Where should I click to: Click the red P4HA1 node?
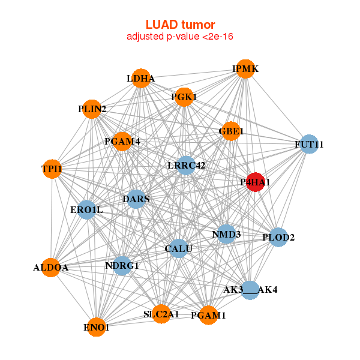pos(256,182)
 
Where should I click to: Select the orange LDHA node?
pos(141,79)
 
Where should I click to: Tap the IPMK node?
pos(245,69)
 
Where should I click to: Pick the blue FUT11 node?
pos(308,144)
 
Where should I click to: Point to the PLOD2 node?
pos(278,238)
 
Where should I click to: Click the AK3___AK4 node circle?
pos(250,290)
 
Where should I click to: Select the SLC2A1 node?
pos(161,314)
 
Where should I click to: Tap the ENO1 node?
pos(96,327)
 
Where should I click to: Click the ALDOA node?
pos(51,268)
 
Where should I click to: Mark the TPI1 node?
pos(52,169)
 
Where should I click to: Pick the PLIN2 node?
pos(92,109)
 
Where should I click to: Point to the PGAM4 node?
pos(122,142)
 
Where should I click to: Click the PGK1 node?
pos(184,97)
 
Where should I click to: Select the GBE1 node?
pos(231,131)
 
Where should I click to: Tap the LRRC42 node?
pos(186,165)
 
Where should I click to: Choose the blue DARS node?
pos(136,199)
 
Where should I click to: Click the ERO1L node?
pos(87,209)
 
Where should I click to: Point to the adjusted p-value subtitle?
pos(180,37)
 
